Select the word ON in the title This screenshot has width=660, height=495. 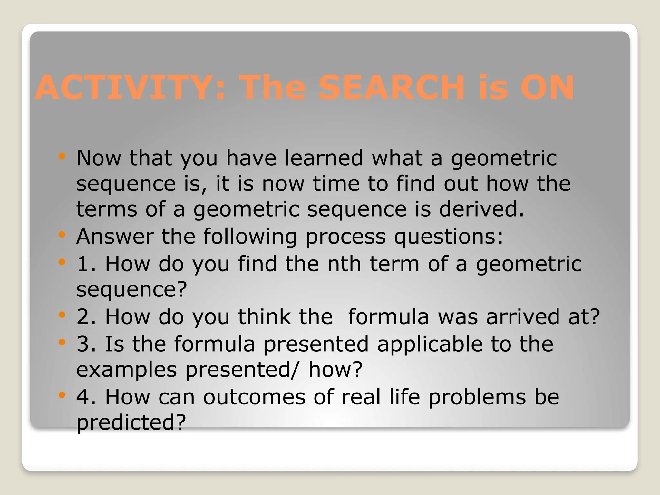pyautogui.click(x=547, y=88)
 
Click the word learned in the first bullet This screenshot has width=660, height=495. pyautogui.click(x=324, y=158)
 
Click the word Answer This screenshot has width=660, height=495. pyautogui.click(x=115, y=237)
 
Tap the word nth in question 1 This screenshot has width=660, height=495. pyautogui.click(x=344, y=264)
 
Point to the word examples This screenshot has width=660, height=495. pyautogui.click(x=126, y=370)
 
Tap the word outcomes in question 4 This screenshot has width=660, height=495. pyautogui.click(x=254, y=397)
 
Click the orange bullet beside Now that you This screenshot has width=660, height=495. pyautogui.click(x=62, y=157)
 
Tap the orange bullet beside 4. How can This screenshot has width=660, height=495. pyautogui.click(x=62, y=394)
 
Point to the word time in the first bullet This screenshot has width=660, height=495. pyautogui.click(x=336, y=184)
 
